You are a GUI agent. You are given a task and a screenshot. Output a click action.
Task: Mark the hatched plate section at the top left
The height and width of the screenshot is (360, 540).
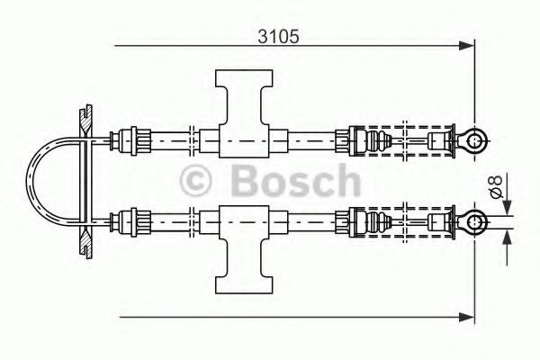click(x=84, y=118)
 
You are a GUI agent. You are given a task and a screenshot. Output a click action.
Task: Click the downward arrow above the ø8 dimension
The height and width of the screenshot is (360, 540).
click(x=505, y=205)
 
